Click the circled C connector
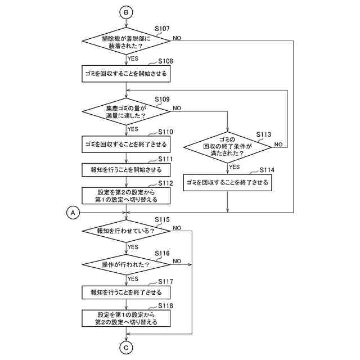coord(127,348)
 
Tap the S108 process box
coord(126,73)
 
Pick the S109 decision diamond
coord(126,111)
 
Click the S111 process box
coord(126,170)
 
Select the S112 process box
coord(126,195)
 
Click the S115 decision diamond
coord(126,231)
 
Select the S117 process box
coord(126,292)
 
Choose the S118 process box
coord(126,318)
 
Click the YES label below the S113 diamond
coord(235,166)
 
